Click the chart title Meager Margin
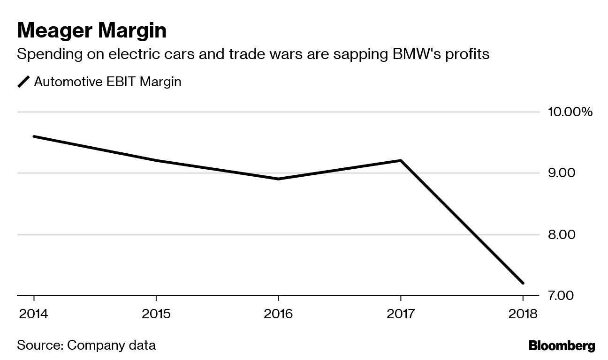pos(92,31)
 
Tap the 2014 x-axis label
pos(33,313)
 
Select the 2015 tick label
pos(156,313)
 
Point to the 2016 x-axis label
pos(278,313)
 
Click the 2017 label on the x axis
pos(401,313)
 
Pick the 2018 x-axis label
pos(523,313)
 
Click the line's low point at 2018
pos(523,283)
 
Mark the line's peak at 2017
pos(401,161)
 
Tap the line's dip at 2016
pos(278,179)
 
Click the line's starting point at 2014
pos(34,136)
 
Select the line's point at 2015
pos(156,160)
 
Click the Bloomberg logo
pos(562,346)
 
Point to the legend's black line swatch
pos(23,82)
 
